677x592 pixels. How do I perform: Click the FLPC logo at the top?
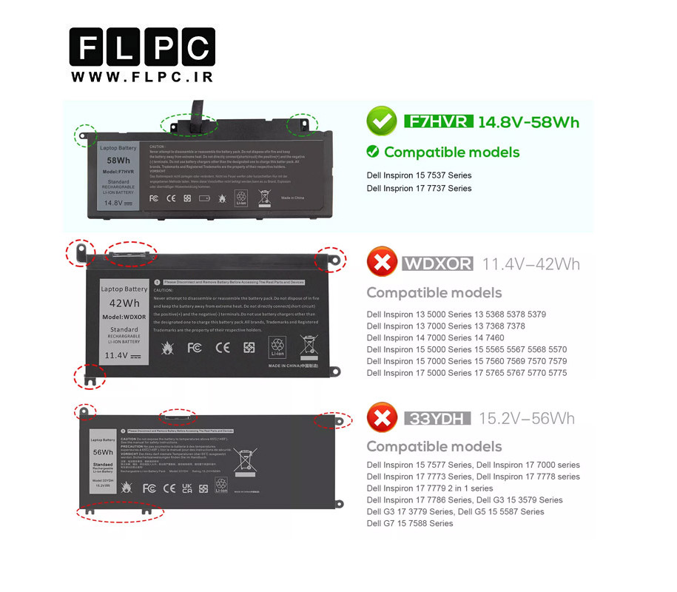[x=142, y=49]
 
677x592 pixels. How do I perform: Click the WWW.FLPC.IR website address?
[x=142, y=76]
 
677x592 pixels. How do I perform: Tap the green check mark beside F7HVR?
[x=382, y=121]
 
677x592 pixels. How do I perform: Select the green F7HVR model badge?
[x=438, y=121]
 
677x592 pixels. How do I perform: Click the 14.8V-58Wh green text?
[x=528, y=122]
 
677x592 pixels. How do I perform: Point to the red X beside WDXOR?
[x=382, y=262]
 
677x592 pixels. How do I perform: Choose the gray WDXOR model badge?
[x=437, y=263]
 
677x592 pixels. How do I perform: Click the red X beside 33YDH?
[x=382, y=417]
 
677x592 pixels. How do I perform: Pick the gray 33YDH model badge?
[x=437, y=419]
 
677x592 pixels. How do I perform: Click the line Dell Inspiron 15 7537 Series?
[x=419, y=175]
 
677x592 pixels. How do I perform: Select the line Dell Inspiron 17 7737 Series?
[x=419, y=188]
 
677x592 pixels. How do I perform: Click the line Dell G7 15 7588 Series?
[x=410, y=523]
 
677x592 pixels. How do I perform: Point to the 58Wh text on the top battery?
[x=118, y=161]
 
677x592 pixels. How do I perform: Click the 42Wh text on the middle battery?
[x=124, y=303]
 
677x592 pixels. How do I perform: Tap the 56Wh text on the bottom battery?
[x=103, y=452]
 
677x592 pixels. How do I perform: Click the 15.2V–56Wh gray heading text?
[x=526, y=418]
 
